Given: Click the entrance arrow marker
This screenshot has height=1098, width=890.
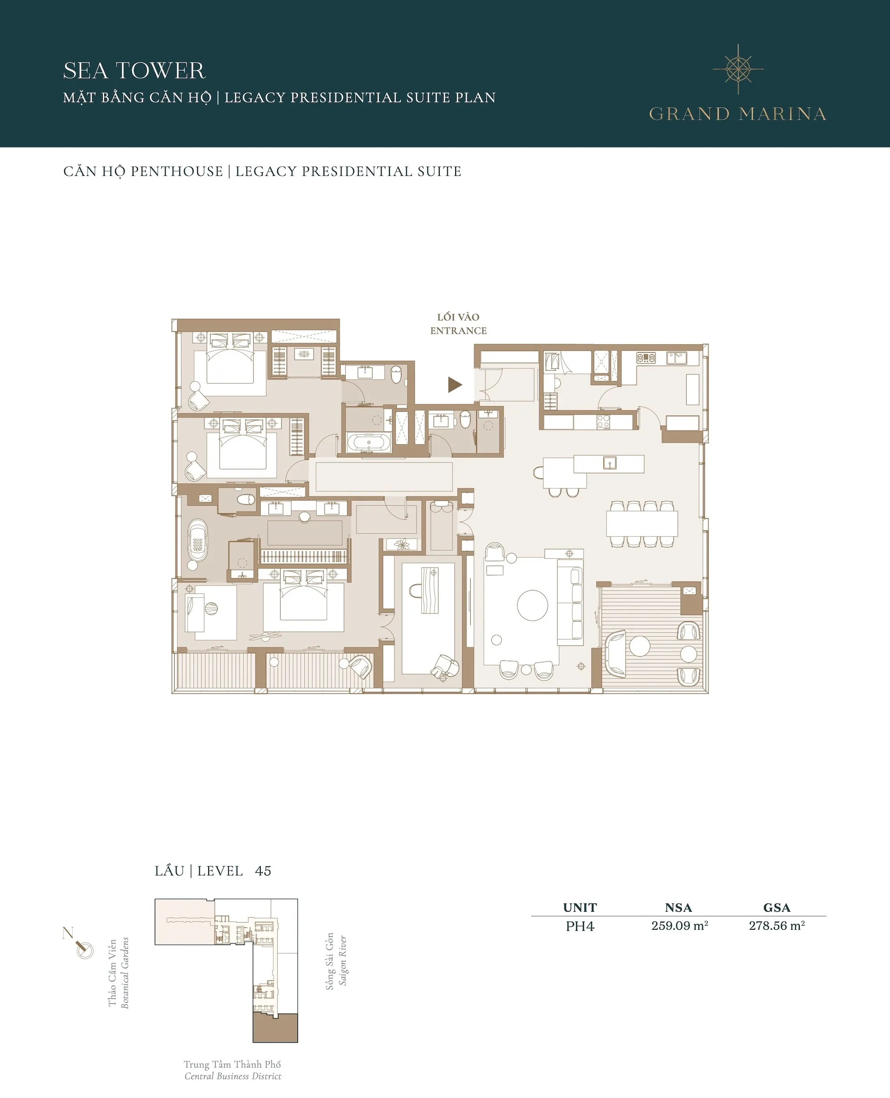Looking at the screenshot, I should (x=454, y=385).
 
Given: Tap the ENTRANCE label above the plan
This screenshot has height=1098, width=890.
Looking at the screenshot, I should (x=458, y=331).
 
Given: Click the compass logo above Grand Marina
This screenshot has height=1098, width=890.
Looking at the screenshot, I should (x=738, y=69).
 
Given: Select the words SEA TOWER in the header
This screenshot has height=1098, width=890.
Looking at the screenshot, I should (x=134, y=71).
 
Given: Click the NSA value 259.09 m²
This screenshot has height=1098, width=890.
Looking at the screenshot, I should (x=679, y=926).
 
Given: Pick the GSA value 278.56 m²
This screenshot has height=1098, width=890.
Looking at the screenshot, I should (x=777, y=926).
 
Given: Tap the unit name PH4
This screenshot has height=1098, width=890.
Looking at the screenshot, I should (x=580, y=926).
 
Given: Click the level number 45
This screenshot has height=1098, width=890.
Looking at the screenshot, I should (x=263, y=871).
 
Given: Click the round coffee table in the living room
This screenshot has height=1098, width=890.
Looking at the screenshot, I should (x=533, y=605).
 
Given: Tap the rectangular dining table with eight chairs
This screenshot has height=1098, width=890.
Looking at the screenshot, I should (x=642, y=524).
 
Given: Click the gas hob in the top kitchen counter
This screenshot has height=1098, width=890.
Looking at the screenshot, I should (x=646, y=358).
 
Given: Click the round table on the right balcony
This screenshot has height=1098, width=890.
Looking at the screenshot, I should (x=640, y=646).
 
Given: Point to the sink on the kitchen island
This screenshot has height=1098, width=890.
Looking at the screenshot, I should (x=609, y=463).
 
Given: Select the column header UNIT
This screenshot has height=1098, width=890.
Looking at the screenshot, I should (x=580, y=907).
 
